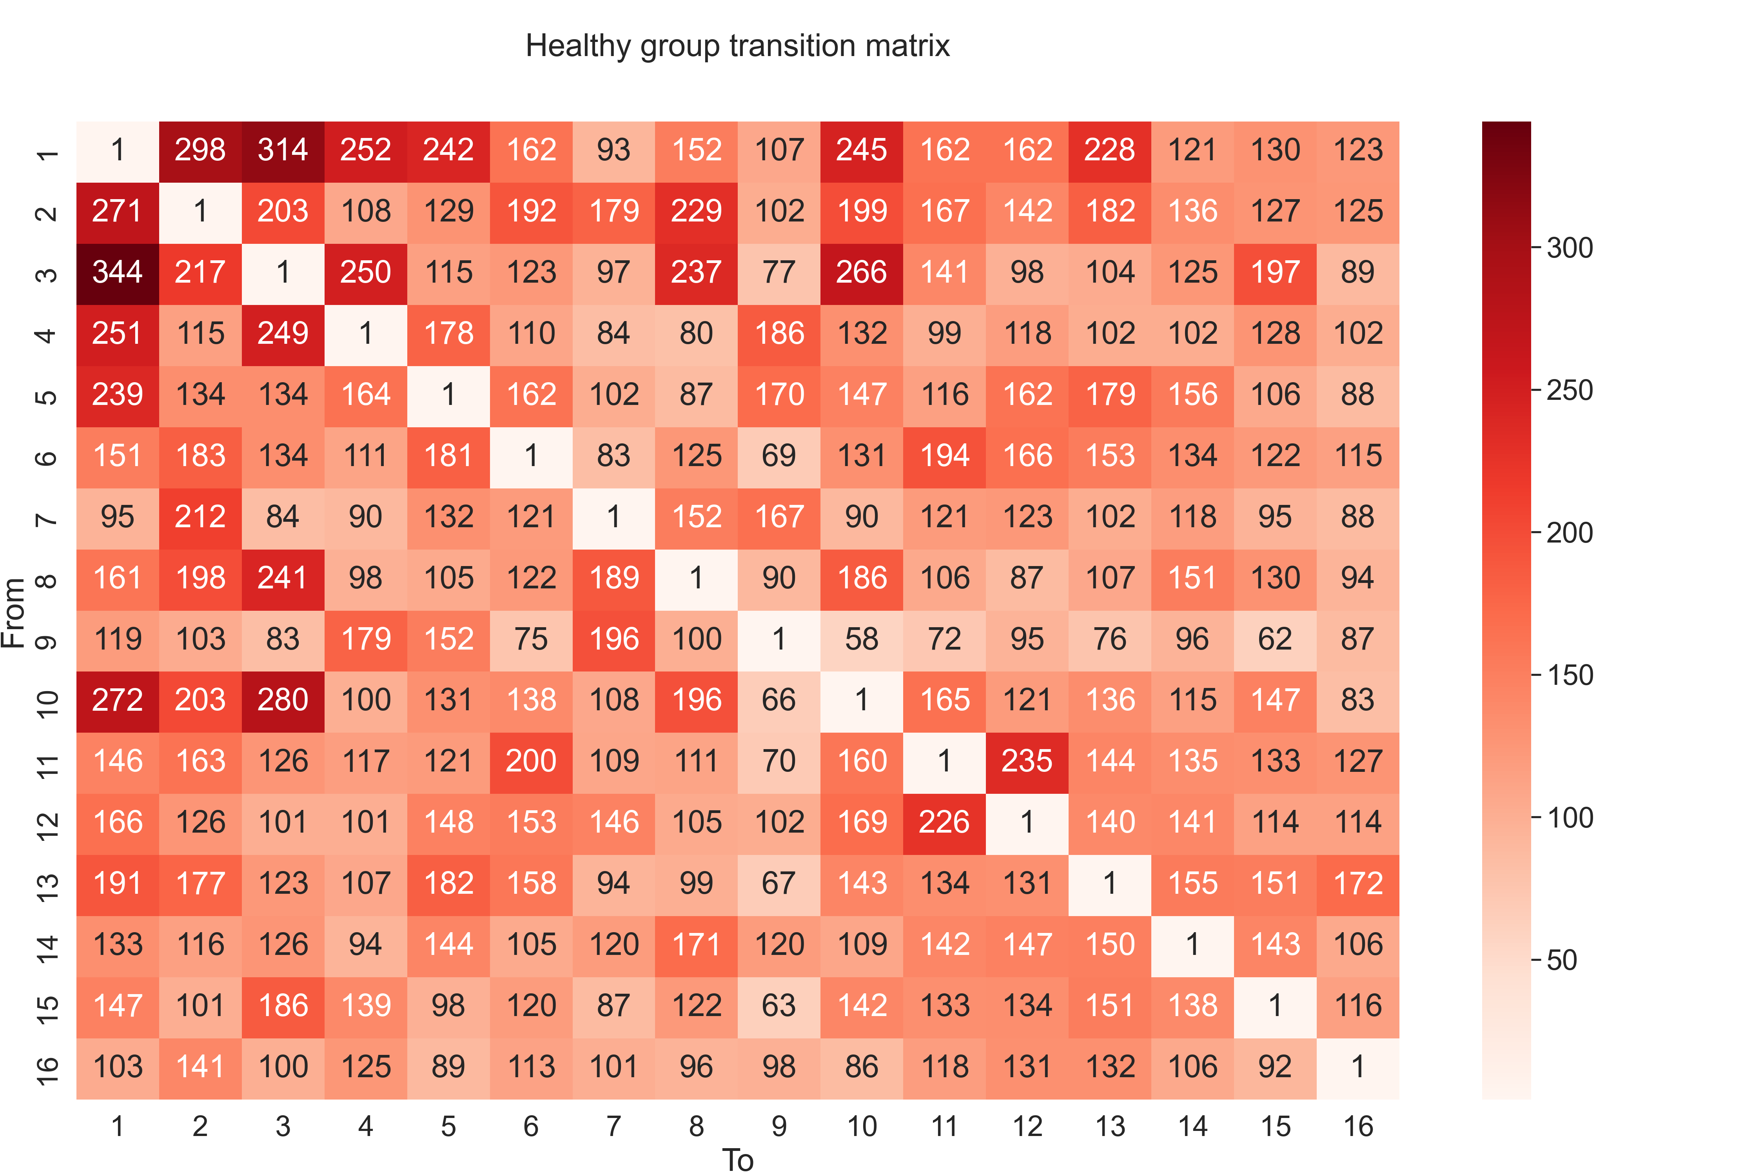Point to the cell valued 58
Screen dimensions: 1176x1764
pos(862,639)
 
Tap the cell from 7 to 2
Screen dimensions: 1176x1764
pos(200,517)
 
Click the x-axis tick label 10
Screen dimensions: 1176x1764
pos(862,1127)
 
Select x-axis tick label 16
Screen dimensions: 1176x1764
pos(1357,1127)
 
